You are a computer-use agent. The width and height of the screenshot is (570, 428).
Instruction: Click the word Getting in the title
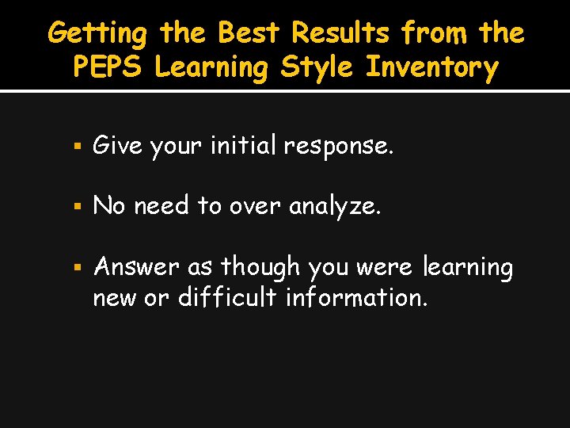click(x=97, y=34)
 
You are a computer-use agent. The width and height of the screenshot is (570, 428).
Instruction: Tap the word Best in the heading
click(x=249, y=34)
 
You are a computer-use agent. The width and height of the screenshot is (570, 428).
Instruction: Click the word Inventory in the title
click(x=431, y=69)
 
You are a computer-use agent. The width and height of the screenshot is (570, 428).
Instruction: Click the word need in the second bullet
click(x=162, y=206)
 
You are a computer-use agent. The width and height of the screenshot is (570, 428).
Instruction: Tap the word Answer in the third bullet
click(x=135, y=267)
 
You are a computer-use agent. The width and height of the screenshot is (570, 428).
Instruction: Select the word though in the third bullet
click(x=254, y=267)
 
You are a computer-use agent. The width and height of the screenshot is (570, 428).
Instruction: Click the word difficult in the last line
click(x=228, y=299)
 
